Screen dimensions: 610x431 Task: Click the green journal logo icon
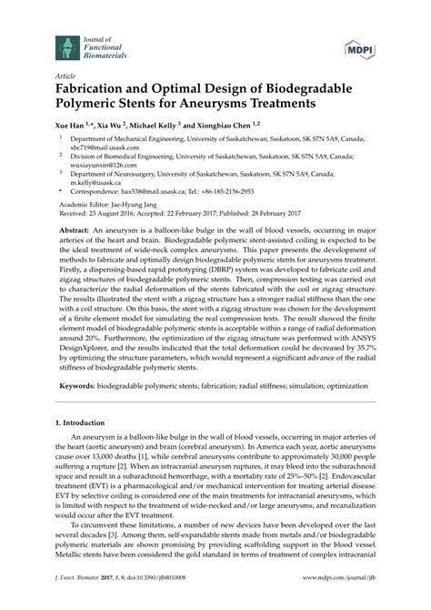(x=65, y=44)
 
